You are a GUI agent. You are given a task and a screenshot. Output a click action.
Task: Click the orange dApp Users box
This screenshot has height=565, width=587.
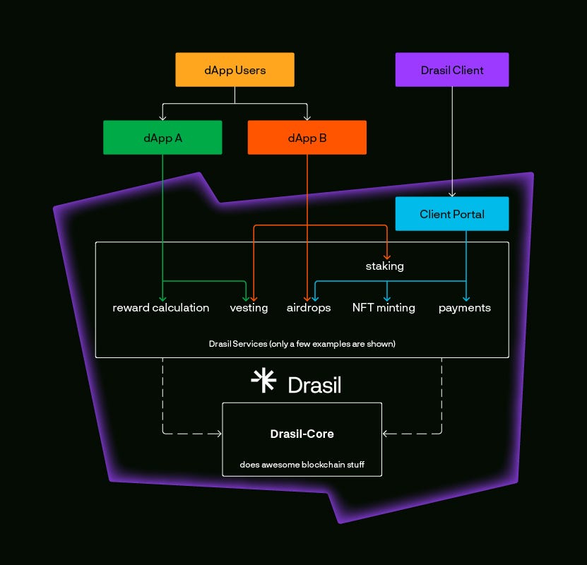pyautogui.click(x=235, y=70)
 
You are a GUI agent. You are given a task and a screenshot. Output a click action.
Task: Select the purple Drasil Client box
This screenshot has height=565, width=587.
pyautogui.click(x=451, y=70)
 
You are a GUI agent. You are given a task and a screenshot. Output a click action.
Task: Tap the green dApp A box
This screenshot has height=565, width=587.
pyautogui.click(x=162, y=138)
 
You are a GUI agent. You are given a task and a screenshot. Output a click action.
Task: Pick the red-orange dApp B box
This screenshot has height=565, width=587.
pyautogui.click(x=307, y=138)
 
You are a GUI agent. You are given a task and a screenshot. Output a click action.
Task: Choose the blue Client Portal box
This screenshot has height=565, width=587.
pyautogui.click(x=451, y=214)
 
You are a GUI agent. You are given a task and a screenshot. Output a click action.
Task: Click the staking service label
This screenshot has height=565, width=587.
pyautogui.click(x=384, y=266)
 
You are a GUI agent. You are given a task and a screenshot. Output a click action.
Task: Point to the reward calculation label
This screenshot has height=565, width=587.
pyautogui.click(x=161, y=308)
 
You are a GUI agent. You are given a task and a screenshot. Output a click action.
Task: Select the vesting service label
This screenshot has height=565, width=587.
pyautogui.click(x=249, y=308)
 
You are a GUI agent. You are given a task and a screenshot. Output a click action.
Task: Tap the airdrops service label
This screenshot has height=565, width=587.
pyautogui.click(x=309, y=308)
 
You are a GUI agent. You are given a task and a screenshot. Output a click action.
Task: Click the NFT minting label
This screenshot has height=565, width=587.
pyautogui.click(x=384, y=308)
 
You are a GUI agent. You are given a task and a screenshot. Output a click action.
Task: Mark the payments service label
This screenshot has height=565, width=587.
pyautogui.click(x=464, y=308)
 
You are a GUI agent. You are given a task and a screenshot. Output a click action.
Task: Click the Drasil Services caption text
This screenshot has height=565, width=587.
pyautogui.click(x=302, y=345)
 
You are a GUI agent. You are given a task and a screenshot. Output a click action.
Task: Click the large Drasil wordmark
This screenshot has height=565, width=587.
pyautogui.click(x=314, y=385)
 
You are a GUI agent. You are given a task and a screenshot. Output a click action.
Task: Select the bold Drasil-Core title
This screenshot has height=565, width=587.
pyautogui.click(x=302, y=434)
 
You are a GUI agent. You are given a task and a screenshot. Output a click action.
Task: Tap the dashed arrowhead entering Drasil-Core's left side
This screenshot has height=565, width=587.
pyautogui.click(x=218, y=434)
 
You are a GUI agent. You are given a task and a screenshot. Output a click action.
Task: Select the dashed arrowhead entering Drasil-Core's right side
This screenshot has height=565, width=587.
pyautogui.click(x=386, y=434)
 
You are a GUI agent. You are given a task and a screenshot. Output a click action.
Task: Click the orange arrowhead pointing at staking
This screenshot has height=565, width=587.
pyautogui.click(x=387, y=255)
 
